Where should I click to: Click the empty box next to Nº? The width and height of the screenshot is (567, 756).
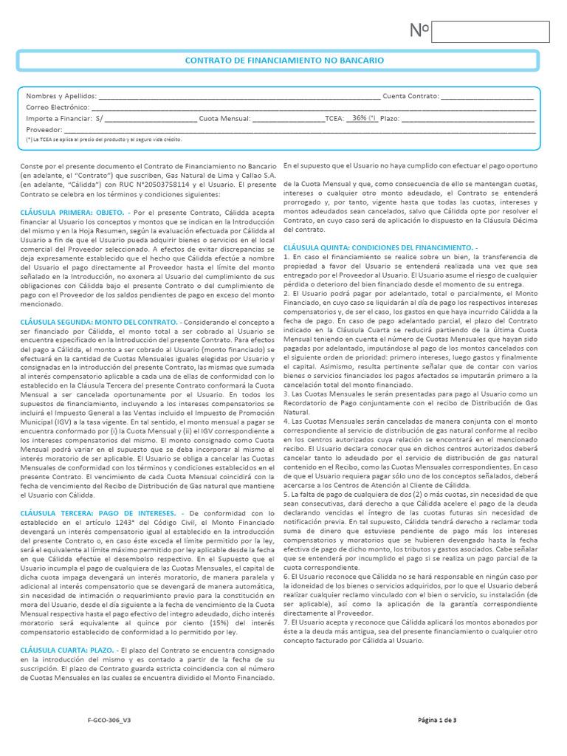[490, 32]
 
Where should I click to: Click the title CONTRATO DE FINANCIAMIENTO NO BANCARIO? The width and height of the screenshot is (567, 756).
[283, 61]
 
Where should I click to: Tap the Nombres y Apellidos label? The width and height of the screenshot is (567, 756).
[61, 96]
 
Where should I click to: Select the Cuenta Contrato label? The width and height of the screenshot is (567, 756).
[410, 96]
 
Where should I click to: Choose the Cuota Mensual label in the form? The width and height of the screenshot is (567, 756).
[224, 118]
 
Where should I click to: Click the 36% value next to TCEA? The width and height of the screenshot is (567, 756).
[363, 117]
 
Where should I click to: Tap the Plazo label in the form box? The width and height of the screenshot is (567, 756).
[390, 118]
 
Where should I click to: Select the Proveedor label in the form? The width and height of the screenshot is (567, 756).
[44, 129]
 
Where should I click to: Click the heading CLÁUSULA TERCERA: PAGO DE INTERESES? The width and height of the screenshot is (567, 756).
[97, 512]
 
